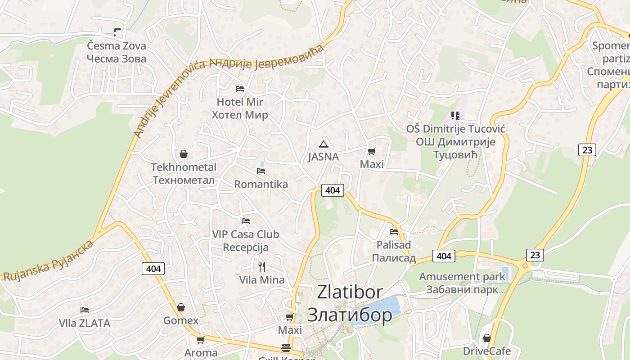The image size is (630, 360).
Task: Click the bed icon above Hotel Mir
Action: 240,88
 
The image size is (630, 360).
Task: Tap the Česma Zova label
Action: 117,46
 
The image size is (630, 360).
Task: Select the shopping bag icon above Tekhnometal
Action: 184,154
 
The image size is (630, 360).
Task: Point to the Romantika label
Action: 261,184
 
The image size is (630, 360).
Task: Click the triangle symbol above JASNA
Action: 323,144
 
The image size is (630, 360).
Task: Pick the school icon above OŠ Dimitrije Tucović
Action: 455,116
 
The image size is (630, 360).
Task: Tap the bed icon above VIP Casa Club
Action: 245,220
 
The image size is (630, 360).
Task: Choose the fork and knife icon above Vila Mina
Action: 262,266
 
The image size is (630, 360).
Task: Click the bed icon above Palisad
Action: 394,232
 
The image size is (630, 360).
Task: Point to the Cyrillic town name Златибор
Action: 350,315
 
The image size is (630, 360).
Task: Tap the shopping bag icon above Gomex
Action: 181,307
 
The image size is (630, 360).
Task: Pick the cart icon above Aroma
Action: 200,340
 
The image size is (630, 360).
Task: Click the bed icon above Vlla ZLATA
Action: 84,310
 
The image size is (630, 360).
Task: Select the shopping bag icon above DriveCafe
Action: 486,337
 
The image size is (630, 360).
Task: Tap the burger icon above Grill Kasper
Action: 286,348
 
